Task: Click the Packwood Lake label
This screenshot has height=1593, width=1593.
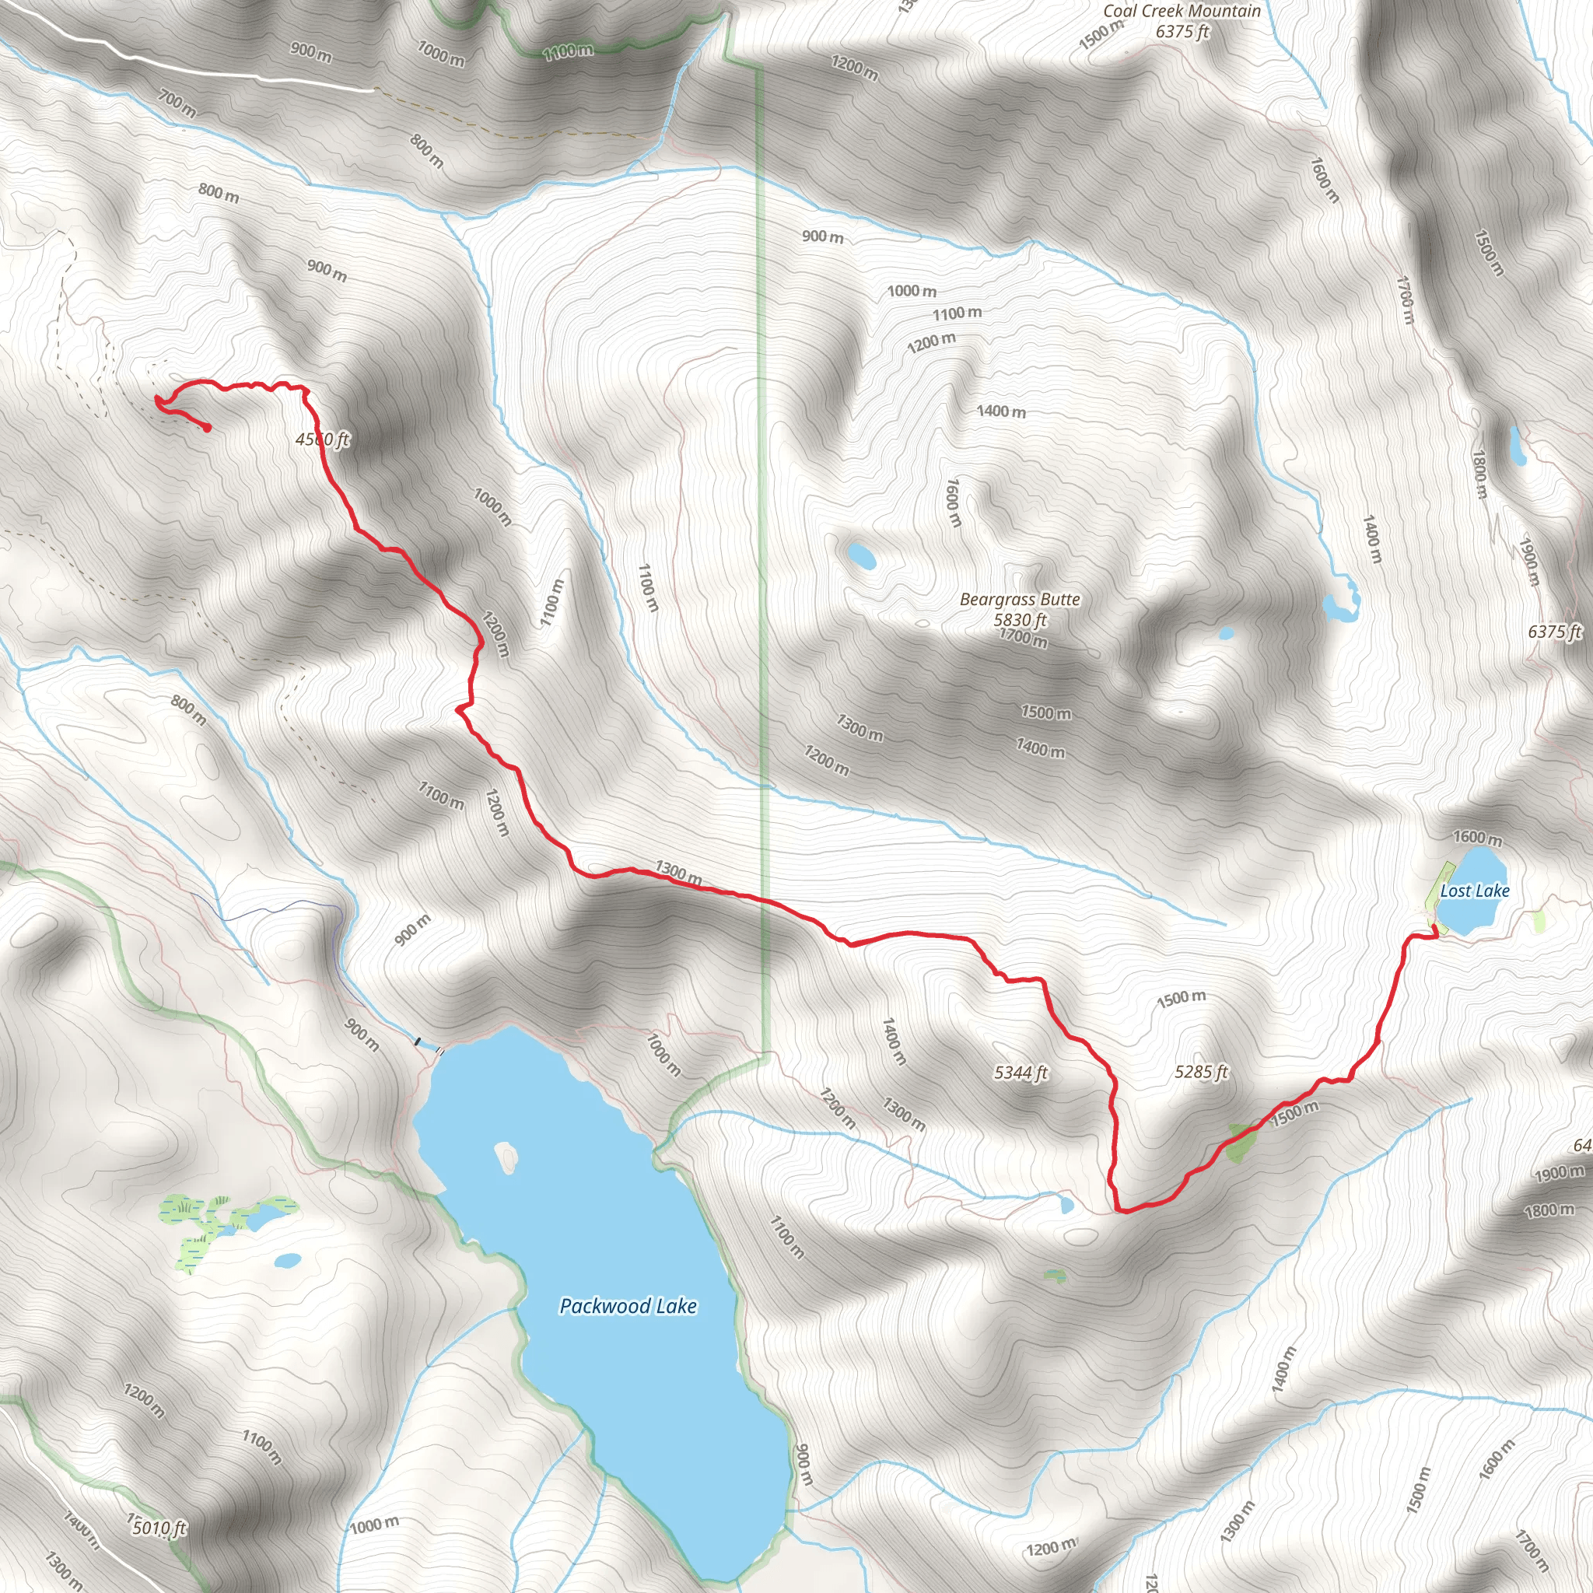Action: tap(628, 1306)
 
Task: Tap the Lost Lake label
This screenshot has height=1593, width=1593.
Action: tap(1474, 891)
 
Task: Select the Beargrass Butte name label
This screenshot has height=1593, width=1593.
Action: tap(1019, 600)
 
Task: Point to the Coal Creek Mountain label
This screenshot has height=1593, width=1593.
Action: tap(1182, 11)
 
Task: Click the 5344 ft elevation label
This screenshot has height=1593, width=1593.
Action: tap(1020, 1073)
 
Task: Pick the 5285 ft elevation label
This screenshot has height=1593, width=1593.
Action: tap(1200, 1072)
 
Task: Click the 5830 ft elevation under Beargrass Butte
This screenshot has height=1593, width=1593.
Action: tap(1020, 619)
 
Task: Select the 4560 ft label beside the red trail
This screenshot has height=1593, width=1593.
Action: tap(322, 439)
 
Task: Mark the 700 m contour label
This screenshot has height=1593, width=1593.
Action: tap(177, 104)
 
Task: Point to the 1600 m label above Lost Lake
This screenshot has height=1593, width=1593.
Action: tap(1477, 839)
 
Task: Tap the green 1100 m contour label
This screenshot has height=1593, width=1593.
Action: tap(568, 51)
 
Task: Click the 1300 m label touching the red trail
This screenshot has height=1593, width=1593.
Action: tap(678, 874)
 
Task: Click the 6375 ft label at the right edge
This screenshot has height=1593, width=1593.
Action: tap(1554, 632)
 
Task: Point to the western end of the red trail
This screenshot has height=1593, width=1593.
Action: tap(207, 428)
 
